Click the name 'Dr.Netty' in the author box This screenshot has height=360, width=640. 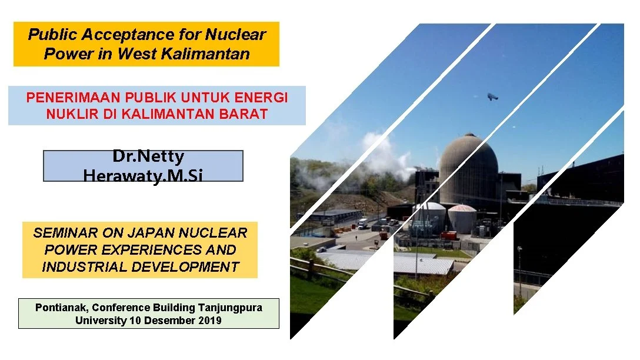[148, 156]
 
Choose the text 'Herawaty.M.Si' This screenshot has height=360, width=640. [143, 175]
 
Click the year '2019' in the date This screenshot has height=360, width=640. [210, 321]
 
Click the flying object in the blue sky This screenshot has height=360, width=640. [492, 96]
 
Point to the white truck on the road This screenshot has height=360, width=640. [363, 224]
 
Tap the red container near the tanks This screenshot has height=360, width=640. [448, 235]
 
